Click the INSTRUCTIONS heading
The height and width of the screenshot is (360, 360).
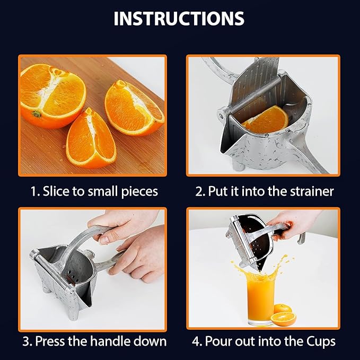(179, 19)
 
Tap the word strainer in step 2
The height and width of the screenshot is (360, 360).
(311, 191)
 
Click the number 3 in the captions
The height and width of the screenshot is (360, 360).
(26, 341)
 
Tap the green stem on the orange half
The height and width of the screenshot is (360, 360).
(37, 113)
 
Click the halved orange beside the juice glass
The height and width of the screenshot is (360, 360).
(283, 319)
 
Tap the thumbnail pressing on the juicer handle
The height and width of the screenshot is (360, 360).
(104, 240)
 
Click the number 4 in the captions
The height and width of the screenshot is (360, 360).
(196, 341)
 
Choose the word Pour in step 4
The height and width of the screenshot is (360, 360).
(218, 341)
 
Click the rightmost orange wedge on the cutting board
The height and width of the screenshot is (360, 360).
(134, 108)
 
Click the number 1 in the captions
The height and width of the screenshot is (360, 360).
(33, 191)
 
